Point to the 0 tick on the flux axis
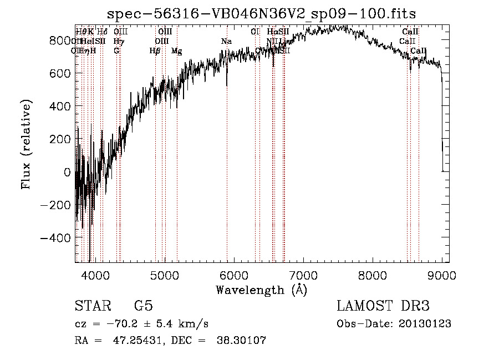click(x=67, y=172)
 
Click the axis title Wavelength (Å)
click(x=261, y=290)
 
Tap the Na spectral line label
click(x=226, y=42)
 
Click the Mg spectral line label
click(x=176, y=51)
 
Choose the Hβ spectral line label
click(x=155, y=51)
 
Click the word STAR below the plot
click(x=90, y=306)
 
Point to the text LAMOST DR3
click(x=383, y=306)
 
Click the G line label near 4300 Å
click(x=116, y=51)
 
